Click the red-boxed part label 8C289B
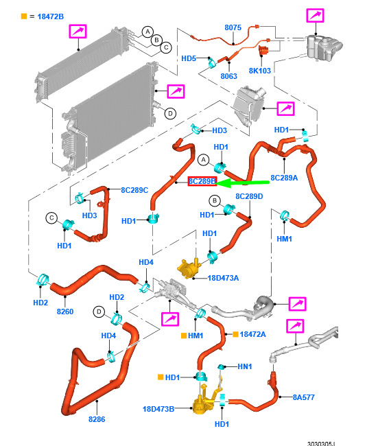tap(202, 181)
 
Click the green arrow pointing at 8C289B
tap(243, 183)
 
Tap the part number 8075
tap(233, 27)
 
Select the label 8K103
tap(260, 71)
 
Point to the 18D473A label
tap(223, 278)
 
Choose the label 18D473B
tap(158, 409)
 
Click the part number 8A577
tap(304, 397)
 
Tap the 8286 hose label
tap(97, 419)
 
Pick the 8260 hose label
tap(65, 312)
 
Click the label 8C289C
tap(134, 190)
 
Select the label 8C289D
tap(249, 196)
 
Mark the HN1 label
tap(245, 366)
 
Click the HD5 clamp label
tap(189, 58)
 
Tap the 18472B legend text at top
tap(50, 16)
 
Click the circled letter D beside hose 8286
tap(99, 312)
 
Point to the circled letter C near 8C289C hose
tap(51, 218)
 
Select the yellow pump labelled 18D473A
tap(188, 268)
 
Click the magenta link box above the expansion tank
tap(315, 15)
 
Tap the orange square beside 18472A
tap(235, 334)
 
